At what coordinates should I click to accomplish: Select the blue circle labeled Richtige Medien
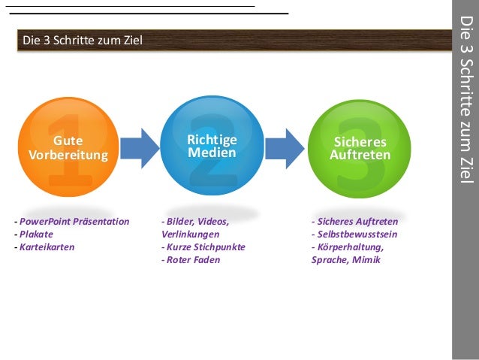coord(212,147)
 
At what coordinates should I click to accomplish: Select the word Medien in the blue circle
coord(212,153)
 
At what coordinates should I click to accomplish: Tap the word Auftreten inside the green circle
coord(360,156)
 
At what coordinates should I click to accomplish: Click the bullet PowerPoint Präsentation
coord(74,222)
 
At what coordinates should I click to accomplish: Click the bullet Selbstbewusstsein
coord(357,234)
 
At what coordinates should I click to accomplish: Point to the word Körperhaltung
coord(350,247)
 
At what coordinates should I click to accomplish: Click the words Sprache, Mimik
coord(345,260)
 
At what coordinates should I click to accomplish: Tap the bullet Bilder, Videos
coord(197,222)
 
